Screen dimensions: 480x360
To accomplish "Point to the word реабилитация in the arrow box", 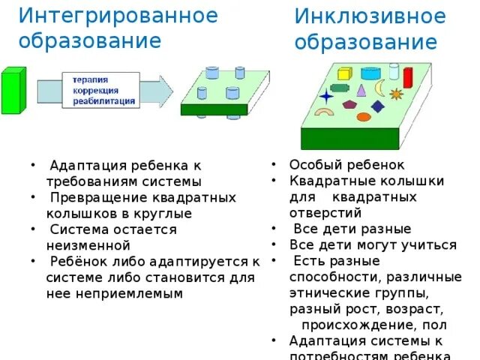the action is [103, 100].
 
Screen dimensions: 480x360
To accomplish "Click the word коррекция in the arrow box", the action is [95, 89].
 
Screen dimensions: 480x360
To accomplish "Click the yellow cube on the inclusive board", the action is [344, 73].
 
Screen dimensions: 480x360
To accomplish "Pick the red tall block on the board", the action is [408, 77].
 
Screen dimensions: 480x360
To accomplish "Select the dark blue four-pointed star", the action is [326, 97].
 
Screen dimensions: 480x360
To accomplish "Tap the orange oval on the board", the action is [364, 117].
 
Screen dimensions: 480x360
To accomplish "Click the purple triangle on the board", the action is [361, 91].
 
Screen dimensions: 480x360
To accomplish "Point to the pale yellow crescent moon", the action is [380, 91].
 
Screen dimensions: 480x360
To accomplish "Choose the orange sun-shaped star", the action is [396, 94].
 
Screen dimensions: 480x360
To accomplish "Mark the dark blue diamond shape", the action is [377, 106].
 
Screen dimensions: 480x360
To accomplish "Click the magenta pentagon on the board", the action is [349, 104].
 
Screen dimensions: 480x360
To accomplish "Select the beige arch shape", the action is [324, 112].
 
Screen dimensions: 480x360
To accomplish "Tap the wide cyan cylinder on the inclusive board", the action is [370, 73].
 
